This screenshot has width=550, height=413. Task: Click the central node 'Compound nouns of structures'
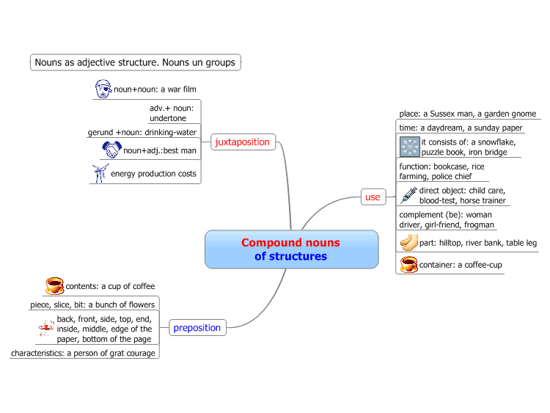[x=291, y=249]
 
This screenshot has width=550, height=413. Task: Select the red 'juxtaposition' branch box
[x=243, y=142]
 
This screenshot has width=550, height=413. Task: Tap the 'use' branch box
[x=373, y=197]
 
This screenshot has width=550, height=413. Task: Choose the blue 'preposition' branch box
[x=197, y=328]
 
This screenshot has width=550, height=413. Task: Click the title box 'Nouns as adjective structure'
[x=136, y=62]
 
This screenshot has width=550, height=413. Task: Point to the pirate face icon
[x=103, y=89]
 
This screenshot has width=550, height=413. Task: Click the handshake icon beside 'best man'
[x=111, y=150]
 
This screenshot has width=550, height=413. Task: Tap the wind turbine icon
[x=100, y=173]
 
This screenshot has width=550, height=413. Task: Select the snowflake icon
[x=410, y=147]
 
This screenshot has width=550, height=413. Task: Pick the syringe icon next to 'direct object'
[x=408, y=195]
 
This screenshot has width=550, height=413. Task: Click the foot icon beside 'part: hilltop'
[x=409, y=243]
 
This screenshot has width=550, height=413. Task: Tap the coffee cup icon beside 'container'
[x=409, y=265]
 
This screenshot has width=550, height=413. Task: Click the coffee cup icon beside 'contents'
[x=55, y=286]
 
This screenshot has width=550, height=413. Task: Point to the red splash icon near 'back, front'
[x=47, y=329]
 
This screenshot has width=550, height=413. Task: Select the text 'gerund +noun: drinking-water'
[x=142, y=132]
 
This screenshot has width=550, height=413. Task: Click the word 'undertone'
[x=168, y=118]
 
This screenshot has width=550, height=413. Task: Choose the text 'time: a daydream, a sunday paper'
[x=461, y=128]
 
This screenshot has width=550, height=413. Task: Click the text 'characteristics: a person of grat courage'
[x=83, y=353]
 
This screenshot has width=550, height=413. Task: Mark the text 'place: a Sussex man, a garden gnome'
[x=468, y=114]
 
